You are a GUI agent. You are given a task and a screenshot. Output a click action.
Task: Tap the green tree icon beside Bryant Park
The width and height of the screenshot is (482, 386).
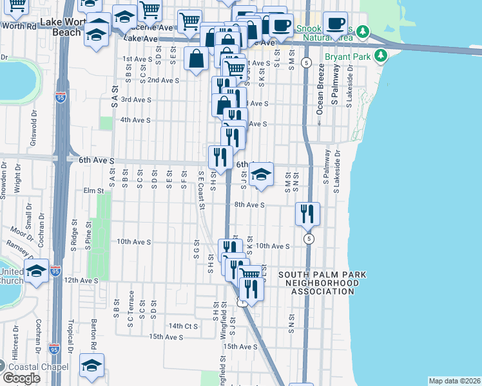pos(381,56)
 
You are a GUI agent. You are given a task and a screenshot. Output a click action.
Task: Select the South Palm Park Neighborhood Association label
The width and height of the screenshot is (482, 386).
pos(322,283)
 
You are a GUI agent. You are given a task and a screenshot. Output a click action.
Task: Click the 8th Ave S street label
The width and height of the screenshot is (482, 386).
pos(249,205)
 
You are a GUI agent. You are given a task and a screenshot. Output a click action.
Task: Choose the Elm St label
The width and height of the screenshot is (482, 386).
pos(93,190)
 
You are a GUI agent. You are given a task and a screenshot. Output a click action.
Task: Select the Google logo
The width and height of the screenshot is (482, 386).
pos(21,378)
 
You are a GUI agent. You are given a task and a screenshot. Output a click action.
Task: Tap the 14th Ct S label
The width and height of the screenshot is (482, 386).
pos(183,326)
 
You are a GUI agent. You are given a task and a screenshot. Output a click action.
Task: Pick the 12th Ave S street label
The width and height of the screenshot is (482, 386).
pos(81,280)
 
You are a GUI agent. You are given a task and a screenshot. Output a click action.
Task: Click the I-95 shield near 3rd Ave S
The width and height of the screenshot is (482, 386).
pos(61,98)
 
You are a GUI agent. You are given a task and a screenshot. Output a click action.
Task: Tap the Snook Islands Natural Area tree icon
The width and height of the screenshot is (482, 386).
pos(363,31)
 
